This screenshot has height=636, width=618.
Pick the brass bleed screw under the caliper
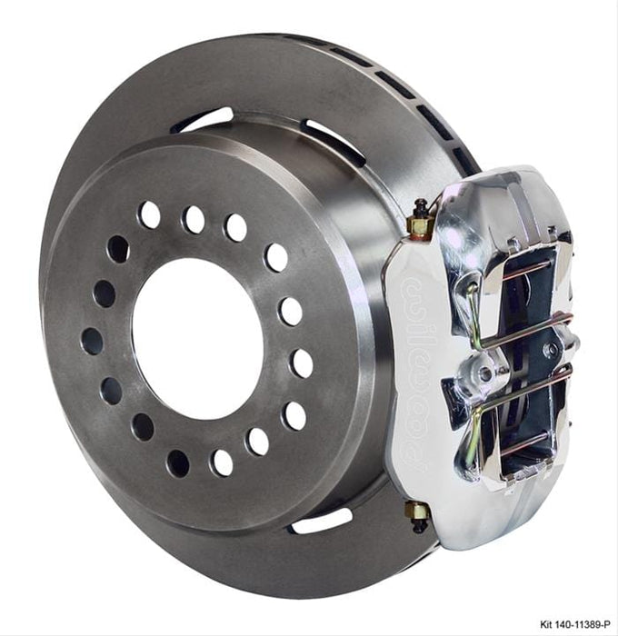(419, 513)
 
